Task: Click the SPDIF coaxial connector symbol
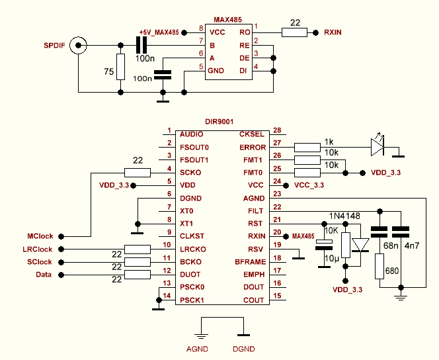click(x=79, y=45)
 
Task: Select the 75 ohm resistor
click(x=120, y=67)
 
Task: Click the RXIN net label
click(x=336, y=32)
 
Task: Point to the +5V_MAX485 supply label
click(x=159, y=32)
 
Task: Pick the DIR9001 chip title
click(x=219, y=122)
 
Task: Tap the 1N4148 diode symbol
click(x=361, y=246)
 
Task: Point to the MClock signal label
click(x=40, y=236)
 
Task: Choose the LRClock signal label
click(x=38, y=249)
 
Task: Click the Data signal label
click(x=43, y=274)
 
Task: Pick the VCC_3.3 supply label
click(x=309, y=185)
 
